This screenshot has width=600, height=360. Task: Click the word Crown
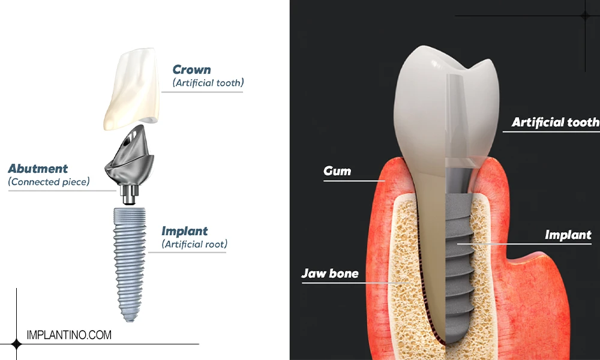(191, 70)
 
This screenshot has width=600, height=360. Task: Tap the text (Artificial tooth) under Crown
(208, 83)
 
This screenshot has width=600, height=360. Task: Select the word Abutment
(38, 169)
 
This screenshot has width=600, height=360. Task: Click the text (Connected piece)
(49, 182)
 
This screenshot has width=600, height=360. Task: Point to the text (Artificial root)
(194, 244)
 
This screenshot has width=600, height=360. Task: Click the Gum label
(337, 170)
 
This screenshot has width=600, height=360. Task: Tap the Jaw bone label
(330, 273)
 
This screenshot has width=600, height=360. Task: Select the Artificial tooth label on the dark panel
(556, 122)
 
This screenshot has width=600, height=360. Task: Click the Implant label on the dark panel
(568, 235)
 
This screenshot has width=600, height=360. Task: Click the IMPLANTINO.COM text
(69, 335)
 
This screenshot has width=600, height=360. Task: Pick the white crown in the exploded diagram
(131, 89)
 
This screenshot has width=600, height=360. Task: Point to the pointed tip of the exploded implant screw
(130, 320)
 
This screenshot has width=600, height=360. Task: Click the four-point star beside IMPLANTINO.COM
(16, 344)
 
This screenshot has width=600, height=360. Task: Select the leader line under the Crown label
(202, 92)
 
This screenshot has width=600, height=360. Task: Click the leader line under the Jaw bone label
(356, 283)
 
